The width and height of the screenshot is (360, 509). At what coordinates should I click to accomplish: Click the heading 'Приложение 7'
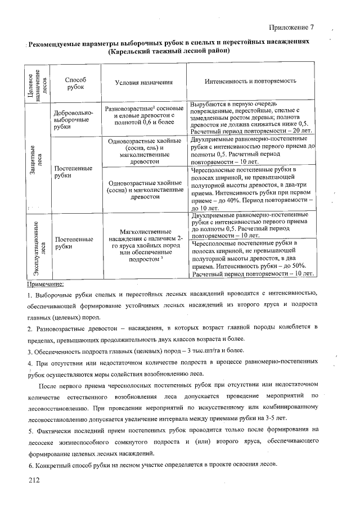tap(291, 28)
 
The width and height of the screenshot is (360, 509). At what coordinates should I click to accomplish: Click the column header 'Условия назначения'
tap(143, 83)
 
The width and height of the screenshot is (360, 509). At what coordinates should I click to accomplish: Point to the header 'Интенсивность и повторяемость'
tap(250, 80)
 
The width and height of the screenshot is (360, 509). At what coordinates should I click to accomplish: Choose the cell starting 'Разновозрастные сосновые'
tap(143, 114)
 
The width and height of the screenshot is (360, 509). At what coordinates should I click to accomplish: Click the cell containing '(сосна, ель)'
tap(143, 147)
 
